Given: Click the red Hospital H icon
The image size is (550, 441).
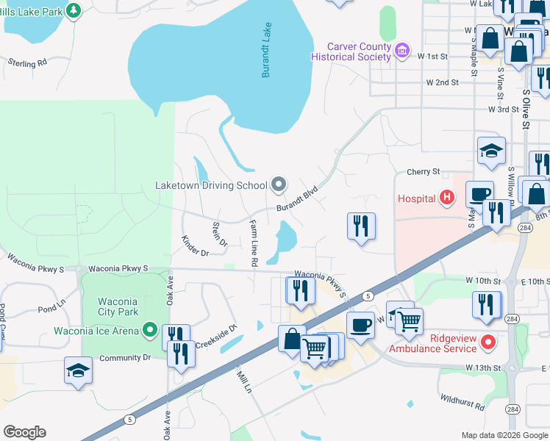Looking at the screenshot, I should click(x=446, y=197).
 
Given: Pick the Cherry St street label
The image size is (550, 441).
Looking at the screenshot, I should click(x=423, y=172).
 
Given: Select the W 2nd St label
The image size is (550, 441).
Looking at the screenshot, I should click(x=443, y=83).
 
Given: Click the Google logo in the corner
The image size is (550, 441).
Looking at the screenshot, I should click(x=24, y=432).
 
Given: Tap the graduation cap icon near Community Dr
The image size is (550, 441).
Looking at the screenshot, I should click(x=79, y=371).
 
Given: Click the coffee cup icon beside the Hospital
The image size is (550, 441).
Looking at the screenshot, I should click(x=479, y=195).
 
